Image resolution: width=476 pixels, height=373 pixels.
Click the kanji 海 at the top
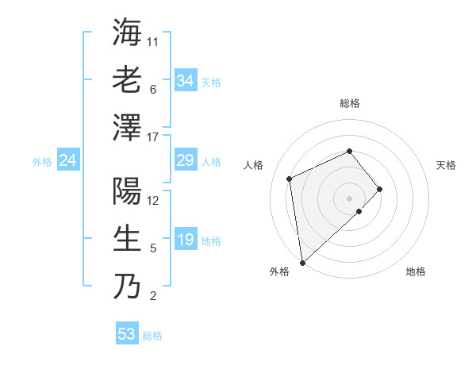coord(127,33)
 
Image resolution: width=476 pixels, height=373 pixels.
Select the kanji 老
coord(127,80)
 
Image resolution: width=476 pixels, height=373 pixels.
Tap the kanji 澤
coord(127,127)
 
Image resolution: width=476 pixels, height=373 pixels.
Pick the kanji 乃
coord(127,286)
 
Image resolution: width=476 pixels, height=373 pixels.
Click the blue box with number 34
coord(185,81)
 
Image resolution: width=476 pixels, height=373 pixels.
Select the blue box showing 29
coord(185,161)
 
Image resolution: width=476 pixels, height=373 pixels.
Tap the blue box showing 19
coord(185,240)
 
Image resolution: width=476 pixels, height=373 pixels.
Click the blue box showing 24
coord(68,161)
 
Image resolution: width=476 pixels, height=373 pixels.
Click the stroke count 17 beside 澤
coord(153,137)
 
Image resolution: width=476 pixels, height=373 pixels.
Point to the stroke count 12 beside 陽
coord(153,201)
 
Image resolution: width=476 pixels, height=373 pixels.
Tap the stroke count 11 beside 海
coord(153,42)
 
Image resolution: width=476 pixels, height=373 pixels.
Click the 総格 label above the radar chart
coord(350,103)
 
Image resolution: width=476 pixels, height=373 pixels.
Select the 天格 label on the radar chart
coord(446,165)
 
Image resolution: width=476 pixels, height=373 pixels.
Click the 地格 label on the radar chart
coord(416,272)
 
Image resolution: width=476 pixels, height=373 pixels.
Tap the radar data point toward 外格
coord(302,262)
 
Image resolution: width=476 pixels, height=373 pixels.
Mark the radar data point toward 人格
coord(290,179)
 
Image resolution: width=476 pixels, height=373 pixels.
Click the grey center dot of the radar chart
coord(350,198)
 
